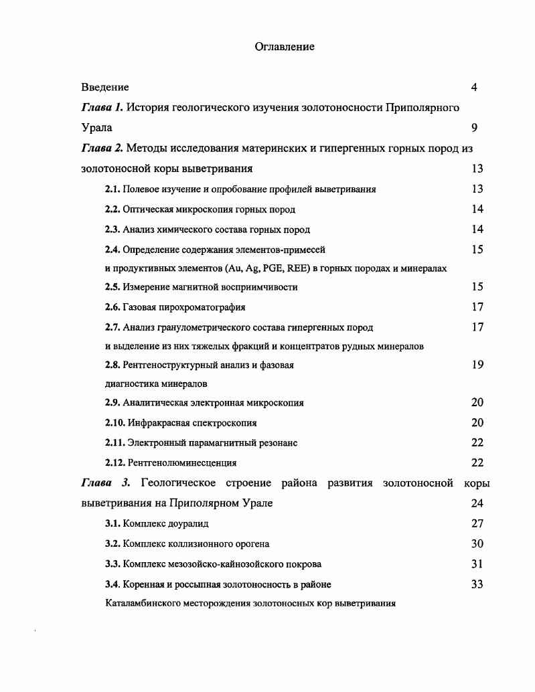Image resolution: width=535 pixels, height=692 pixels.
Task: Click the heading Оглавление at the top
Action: pos(285,47)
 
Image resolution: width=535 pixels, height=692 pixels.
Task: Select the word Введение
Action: pos(105,87)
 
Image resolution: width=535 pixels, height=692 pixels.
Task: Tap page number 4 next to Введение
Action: pos(474,87)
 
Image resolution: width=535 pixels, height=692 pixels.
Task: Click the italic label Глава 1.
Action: pos(102,107)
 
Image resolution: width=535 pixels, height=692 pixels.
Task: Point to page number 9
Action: pos(474,127)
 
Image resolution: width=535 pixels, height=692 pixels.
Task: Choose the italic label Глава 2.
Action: pos(102,148)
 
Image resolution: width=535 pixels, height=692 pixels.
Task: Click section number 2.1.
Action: pos(112,189)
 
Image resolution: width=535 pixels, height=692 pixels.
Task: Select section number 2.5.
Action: pos(112,287)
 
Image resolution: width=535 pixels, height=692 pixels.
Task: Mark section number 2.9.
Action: pos(112,403)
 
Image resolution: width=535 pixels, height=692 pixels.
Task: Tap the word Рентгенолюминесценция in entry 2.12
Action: pos(181,462)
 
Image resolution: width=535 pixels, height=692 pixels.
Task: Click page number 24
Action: pos(477,503)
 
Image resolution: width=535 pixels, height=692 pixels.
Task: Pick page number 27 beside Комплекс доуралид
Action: pos(477,523)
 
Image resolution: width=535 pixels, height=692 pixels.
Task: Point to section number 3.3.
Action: pos(112,564)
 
